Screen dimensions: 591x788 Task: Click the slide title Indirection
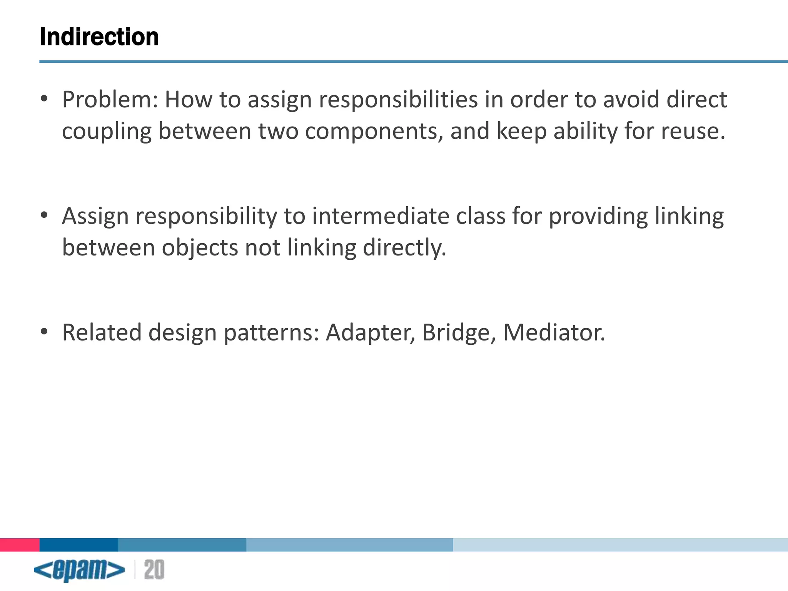(99, 37)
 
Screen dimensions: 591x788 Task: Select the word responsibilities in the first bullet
(398, 100)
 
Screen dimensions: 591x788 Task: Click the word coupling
(107, 132)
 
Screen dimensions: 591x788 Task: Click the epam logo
(79, 570)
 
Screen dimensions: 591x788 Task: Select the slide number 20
(154, 570)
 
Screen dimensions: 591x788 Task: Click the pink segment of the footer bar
(20, 545)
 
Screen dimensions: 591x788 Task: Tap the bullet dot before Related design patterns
(44, 331)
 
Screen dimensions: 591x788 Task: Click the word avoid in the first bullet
(631, 100)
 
